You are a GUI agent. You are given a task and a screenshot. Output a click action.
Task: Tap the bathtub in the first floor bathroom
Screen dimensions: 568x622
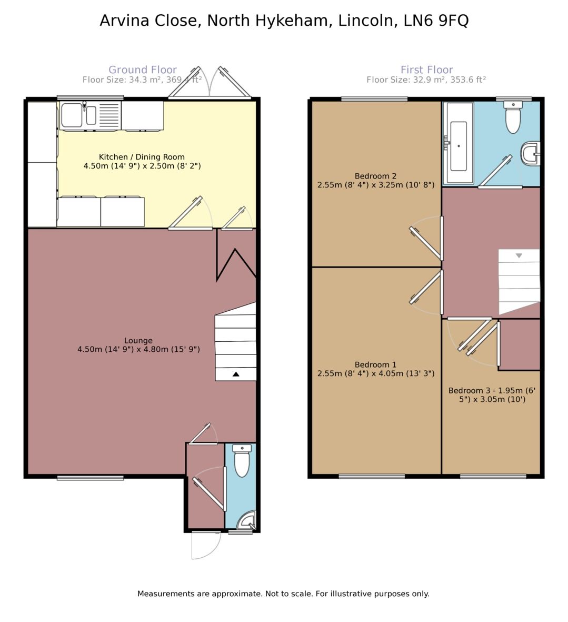click(x=458, y=143)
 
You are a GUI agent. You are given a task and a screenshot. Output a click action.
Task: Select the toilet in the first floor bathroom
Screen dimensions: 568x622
click(x=513, y=117)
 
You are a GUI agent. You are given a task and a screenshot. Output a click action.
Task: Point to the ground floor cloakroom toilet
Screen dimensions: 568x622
click(x=242, y=460)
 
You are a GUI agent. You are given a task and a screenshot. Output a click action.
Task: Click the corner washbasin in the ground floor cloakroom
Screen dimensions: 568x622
click(x=247, y=521)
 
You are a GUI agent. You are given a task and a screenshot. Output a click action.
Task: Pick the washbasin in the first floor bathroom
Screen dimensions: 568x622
click(x=530, y=153)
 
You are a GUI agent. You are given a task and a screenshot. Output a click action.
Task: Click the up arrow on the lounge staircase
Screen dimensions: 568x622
click(x=236, y=374)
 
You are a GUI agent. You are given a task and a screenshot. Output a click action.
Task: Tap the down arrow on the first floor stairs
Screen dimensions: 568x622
click(x=519, y=256)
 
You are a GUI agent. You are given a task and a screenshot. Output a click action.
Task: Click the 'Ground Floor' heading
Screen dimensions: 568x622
click(x=143, y=70)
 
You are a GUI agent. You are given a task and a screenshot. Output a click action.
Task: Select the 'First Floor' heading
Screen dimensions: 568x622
click(x=426, y=70)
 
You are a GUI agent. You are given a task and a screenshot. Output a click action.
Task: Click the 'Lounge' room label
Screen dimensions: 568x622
click(x=138, y=340)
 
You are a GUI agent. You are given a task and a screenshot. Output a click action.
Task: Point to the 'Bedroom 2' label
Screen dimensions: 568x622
click(x=375, y=176)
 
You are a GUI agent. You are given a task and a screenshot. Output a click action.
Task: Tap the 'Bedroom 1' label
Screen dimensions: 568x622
click(x=375, y=364)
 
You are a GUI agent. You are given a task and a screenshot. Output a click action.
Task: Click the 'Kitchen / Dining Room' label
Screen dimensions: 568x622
click(x=142, y=157)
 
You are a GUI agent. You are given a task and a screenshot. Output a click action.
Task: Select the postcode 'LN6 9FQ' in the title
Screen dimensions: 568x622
click(x=436, y=20)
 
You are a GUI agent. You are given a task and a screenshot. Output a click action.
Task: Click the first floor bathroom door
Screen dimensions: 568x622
click(x=495, y=171)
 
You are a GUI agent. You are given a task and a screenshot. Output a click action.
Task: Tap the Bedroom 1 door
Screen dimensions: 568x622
click(x=426, y=287)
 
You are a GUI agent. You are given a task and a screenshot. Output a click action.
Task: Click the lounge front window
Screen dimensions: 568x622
click(x=91, y=478)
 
